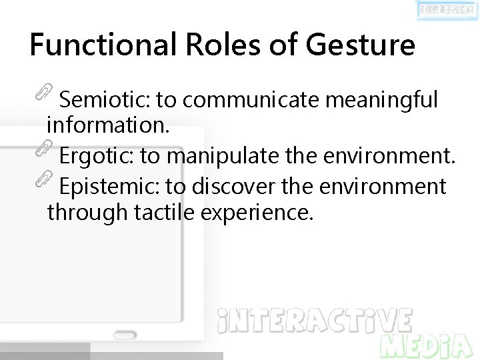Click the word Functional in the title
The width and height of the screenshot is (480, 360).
pyautogui.click(x=102, y=45)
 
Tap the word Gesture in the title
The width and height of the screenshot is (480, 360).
pyautogui.click(x=360, y=45)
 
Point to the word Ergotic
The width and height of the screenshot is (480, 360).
pyautogui.click(x=97, y=156)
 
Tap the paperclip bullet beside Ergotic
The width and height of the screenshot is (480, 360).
pyautogui.click(x=43, y=148)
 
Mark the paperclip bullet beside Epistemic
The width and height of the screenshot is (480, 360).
pyautogui.click(x=43, y=178)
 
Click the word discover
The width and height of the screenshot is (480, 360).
pyautogui.click(x=233, y=187)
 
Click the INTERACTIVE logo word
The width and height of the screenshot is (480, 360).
pyautogui.click(x=315, y=321)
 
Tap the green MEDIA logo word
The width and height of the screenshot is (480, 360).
pyautogui.click(x=427, y=346)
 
